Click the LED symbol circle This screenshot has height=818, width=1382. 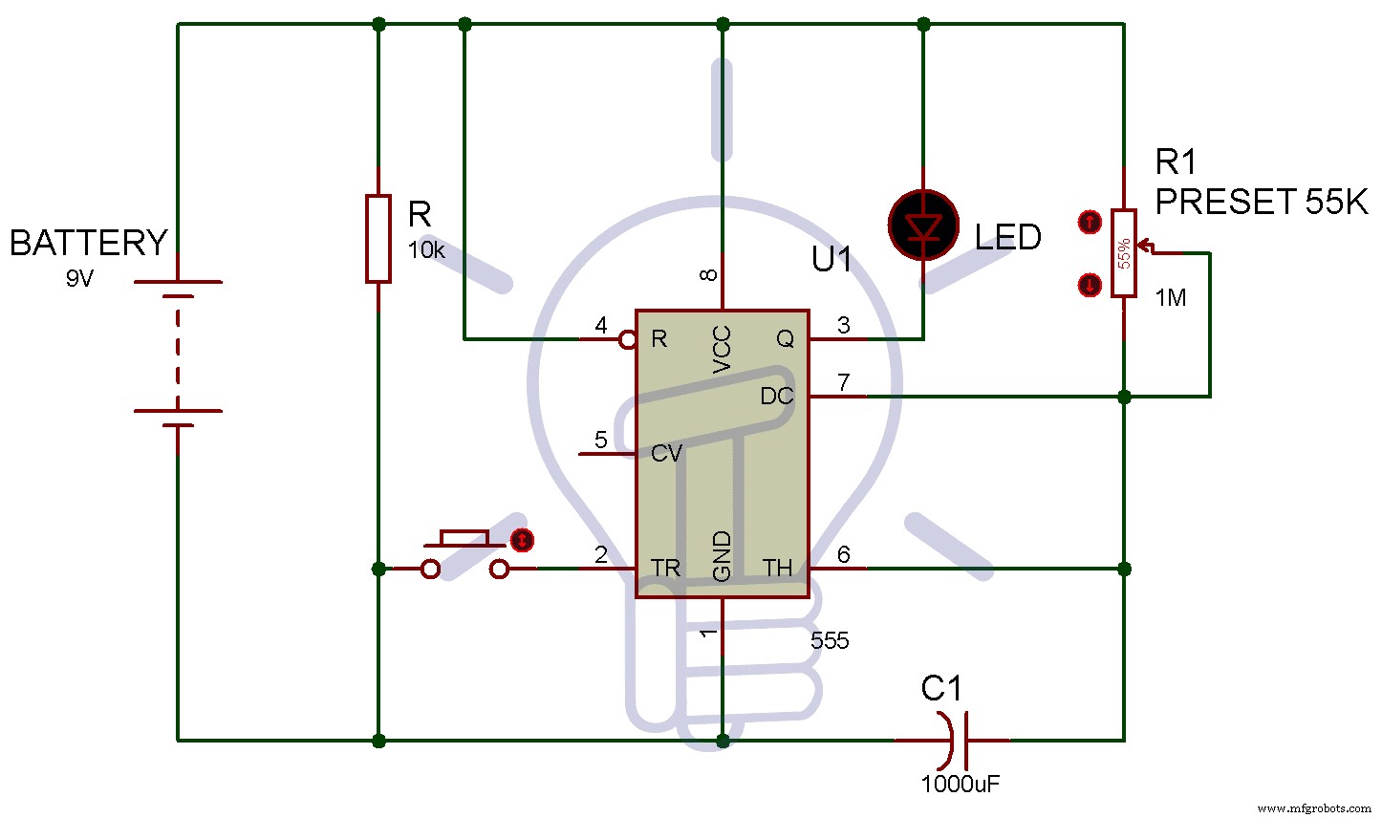click(x=923, y=226)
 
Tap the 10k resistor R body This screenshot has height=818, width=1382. click(x=378, y=238)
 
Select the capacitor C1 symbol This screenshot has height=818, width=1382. click(x=957, y=739)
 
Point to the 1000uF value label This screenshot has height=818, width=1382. click(x=961, y=785)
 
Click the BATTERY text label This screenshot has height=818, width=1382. click(x=88, y=243)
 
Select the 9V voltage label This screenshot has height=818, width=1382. click(x=80, y=280)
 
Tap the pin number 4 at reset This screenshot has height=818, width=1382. click(x=601, y=326)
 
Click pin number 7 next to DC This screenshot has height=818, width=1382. click(x=843, y=382)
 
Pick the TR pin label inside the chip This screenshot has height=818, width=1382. click(x=665, y=569)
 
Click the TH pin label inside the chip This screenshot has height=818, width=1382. click(x=777, y=569)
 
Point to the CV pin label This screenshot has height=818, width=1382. click(x=666, y=453)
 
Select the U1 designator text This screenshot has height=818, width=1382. click(x=831, y=259)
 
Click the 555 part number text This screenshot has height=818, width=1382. click(x=829, y=641)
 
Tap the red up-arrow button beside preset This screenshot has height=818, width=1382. click(x=1089, y=223)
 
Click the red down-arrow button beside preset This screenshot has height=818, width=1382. click(x=1089, y=284)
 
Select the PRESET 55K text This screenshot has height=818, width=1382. click(x=1262, y=202)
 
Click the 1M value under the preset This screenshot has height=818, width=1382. click(x=1170, y=298)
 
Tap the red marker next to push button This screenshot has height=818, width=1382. click(x=522, y=540)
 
